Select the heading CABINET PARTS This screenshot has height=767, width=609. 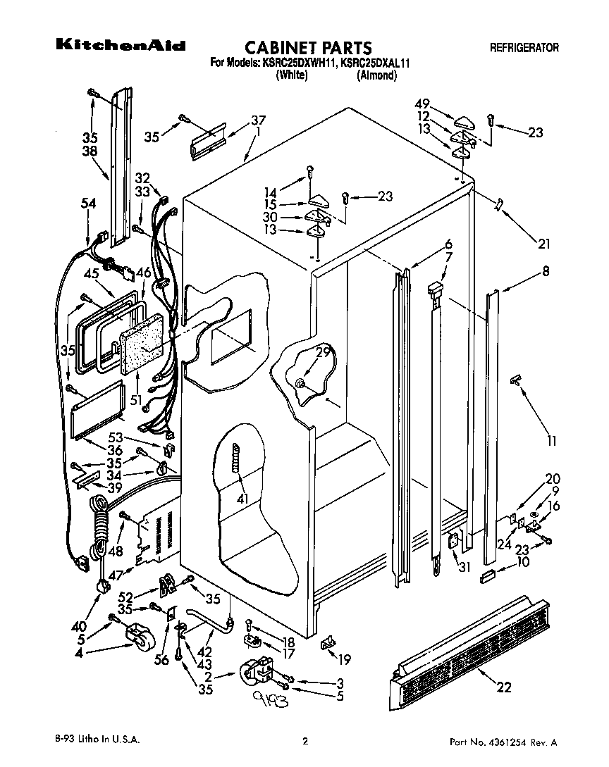(x=307, y=48)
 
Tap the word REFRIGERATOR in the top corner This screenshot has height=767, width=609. (x=524, y=48)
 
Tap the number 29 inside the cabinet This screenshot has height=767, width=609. (x=324, y=353)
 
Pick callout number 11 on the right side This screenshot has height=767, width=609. (x=551, y=442)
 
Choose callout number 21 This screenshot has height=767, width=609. (x=543, y=244)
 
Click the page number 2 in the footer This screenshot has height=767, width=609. (x=305, y=741)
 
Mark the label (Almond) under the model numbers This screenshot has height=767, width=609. (x=377, y=75)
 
